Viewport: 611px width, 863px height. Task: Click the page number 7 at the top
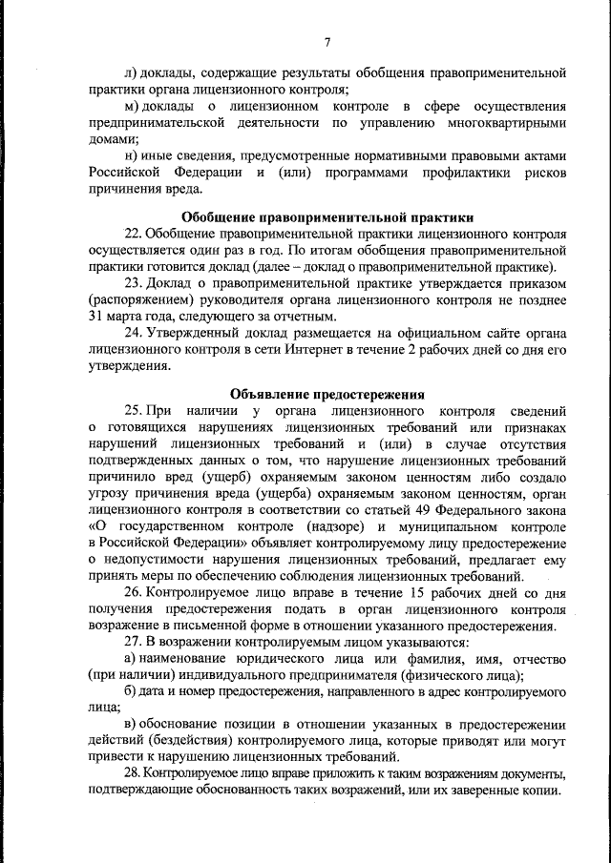(x=327, y=41)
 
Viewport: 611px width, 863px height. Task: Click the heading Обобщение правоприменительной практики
(x=327, y=216)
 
